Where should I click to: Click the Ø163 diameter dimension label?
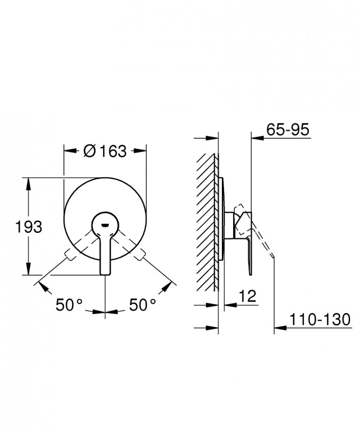tap(105, 151)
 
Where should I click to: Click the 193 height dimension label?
tap(29, 227)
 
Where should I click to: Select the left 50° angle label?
tap(69, 305)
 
